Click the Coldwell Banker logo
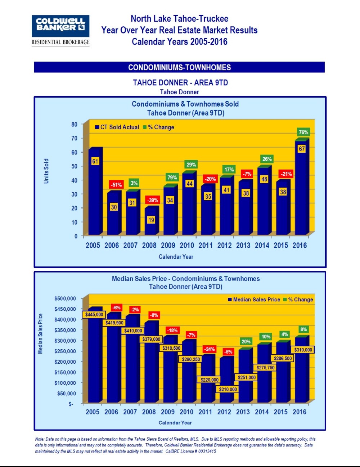(60, 30)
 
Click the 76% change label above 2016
(303, 132)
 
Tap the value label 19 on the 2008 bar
(151, 220)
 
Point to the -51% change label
(116, 185)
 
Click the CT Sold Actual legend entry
(117, 127)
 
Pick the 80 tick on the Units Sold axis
(74, 124)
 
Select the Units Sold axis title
(46, 171)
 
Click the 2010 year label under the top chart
(186, 246)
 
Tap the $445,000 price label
(94, 314)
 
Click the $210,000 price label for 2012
(228, 389)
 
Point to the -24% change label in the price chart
(209, 349)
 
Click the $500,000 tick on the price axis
(65, 298)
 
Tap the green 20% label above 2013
(246, 341)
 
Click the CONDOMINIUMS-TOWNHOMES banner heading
(179, 67)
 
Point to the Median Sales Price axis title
(40, 333)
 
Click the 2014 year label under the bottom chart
(262, 412)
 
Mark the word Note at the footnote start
(40, 439)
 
